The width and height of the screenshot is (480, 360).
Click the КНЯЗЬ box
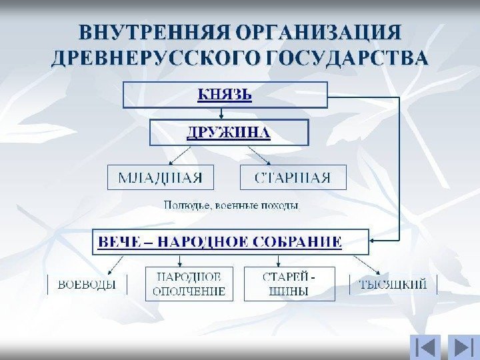(225, 95)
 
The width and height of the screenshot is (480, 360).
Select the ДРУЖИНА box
(229, 132)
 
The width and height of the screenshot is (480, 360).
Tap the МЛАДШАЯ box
(161, 177)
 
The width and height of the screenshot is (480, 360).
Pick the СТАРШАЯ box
(293, 177)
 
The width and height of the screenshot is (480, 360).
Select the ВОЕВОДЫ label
(87, 285)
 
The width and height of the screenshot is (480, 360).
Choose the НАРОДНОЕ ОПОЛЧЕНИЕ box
(189, 284)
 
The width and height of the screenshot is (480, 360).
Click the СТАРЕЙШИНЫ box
(289, 284)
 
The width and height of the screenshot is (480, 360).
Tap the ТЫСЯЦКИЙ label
(393, 285)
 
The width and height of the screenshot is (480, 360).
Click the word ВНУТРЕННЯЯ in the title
(153, 33)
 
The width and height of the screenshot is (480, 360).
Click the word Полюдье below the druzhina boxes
(188, 205)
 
